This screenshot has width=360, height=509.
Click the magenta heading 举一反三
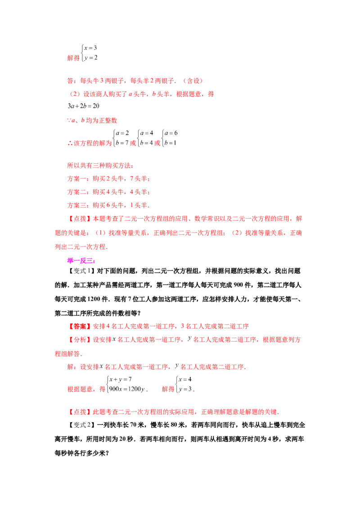(81, 261)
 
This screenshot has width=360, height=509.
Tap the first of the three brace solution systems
(120, 138)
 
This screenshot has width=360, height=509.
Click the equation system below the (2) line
(81, 107)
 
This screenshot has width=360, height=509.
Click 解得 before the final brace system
(168, 389)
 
